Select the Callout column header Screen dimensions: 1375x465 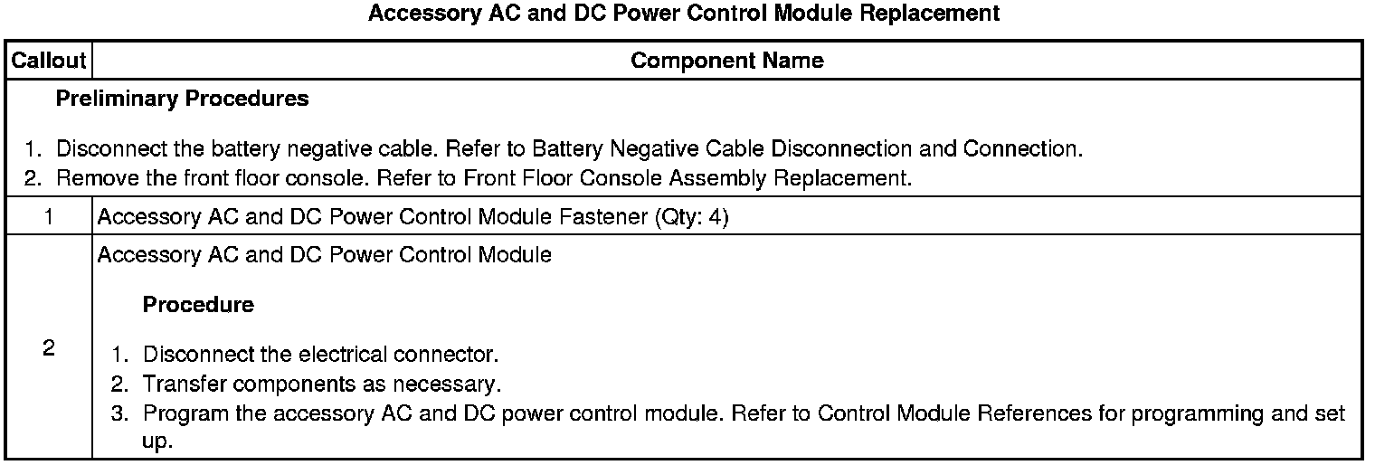[48, 61]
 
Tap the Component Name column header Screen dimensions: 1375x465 [726, 61]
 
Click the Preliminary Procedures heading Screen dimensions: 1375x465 [182, 99]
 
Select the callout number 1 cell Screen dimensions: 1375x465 [48, 217]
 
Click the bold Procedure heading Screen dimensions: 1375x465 [198, 305]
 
